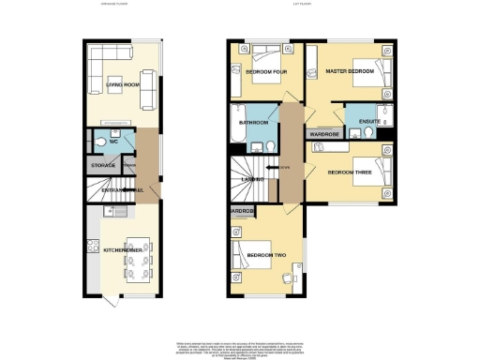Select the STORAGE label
(x=103, y=165)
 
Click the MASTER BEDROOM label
(x=350, y=71)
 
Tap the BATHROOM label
(x=253, y=123)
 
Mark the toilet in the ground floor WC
(x=100, y=142)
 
